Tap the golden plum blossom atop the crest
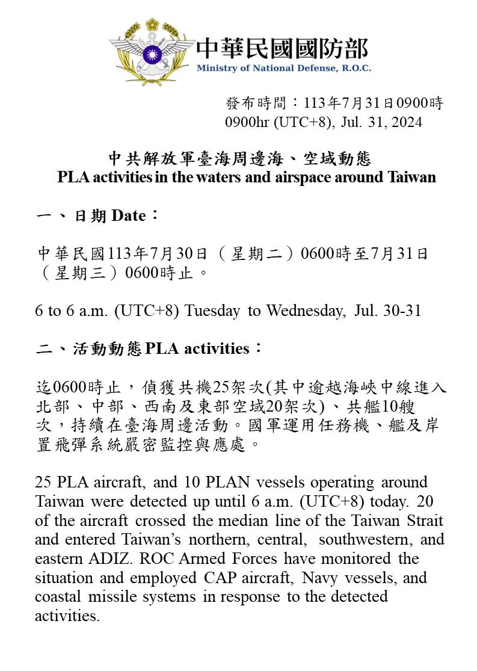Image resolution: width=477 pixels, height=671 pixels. point(152,25)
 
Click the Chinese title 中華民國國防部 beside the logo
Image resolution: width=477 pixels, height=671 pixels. point(282,48)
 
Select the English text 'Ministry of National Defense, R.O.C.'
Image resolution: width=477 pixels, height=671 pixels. point(283,68)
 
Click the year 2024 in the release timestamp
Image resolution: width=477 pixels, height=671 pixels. point(407,122)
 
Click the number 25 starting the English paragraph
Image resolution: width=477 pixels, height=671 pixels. point(43,483)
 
